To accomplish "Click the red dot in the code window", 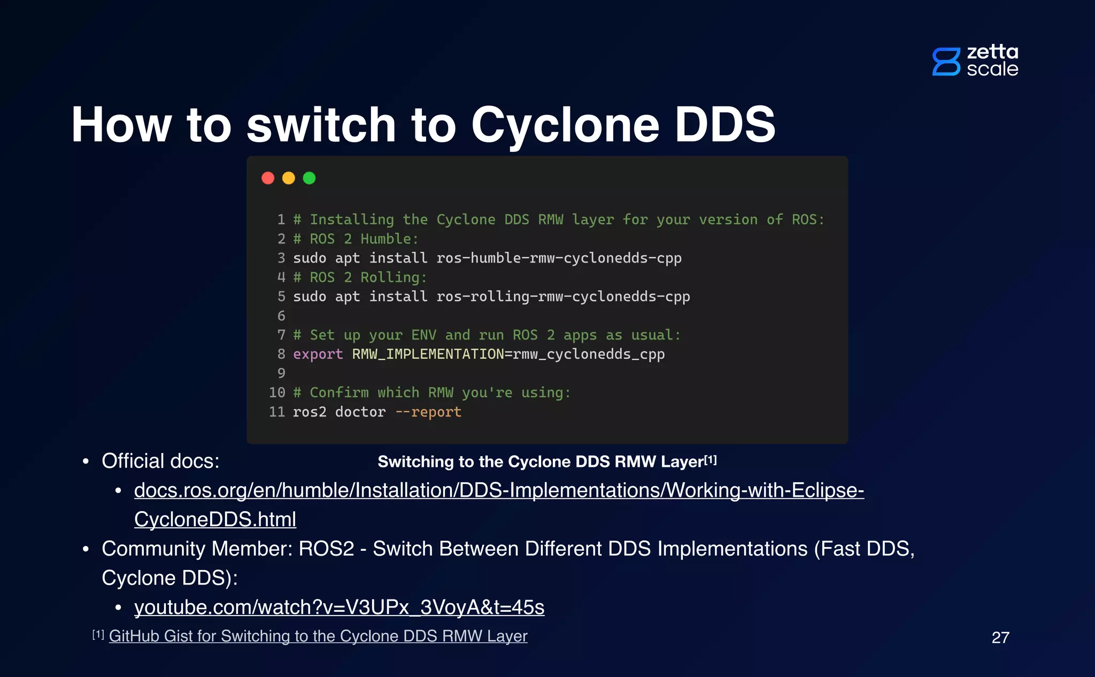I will [x=268, y=178].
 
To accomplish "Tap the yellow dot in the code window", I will [x=289, y=178].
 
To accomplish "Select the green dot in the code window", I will [x=309, y=178].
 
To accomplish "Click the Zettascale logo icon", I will [x=946, y=61].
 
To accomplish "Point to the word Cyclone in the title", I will [x=565, y=125].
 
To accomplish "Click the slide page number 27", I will [x=1000, y=637].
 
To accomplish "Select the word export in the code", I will [x=318, y=354].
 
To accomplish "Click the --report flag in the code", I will [x=428, y=412].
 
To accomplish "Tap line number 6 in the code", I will [x=281, y=316].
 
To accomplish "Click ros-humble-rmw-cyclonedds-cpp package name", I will [x=559, y=258].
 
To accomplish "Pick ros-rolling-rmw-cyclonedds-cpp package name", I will [x=563, y=297].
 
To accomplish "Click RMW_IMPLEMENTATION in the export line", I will [x=428, y=354].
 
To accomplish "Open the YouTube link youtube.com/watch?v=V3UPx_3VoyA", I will [x=339, y=607].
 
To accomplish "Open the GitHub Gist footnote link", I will [x=318, y=636].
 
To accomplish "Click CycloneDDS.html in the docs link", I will [x=215, y=519].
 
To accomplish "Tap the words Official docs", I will [x=160, y=461].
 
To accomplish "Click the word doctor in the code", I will [x=360, y=412].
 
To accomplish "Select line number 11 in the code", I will [x=277, y=412].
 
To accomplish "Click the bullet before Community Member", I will [x=86, y=549].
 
